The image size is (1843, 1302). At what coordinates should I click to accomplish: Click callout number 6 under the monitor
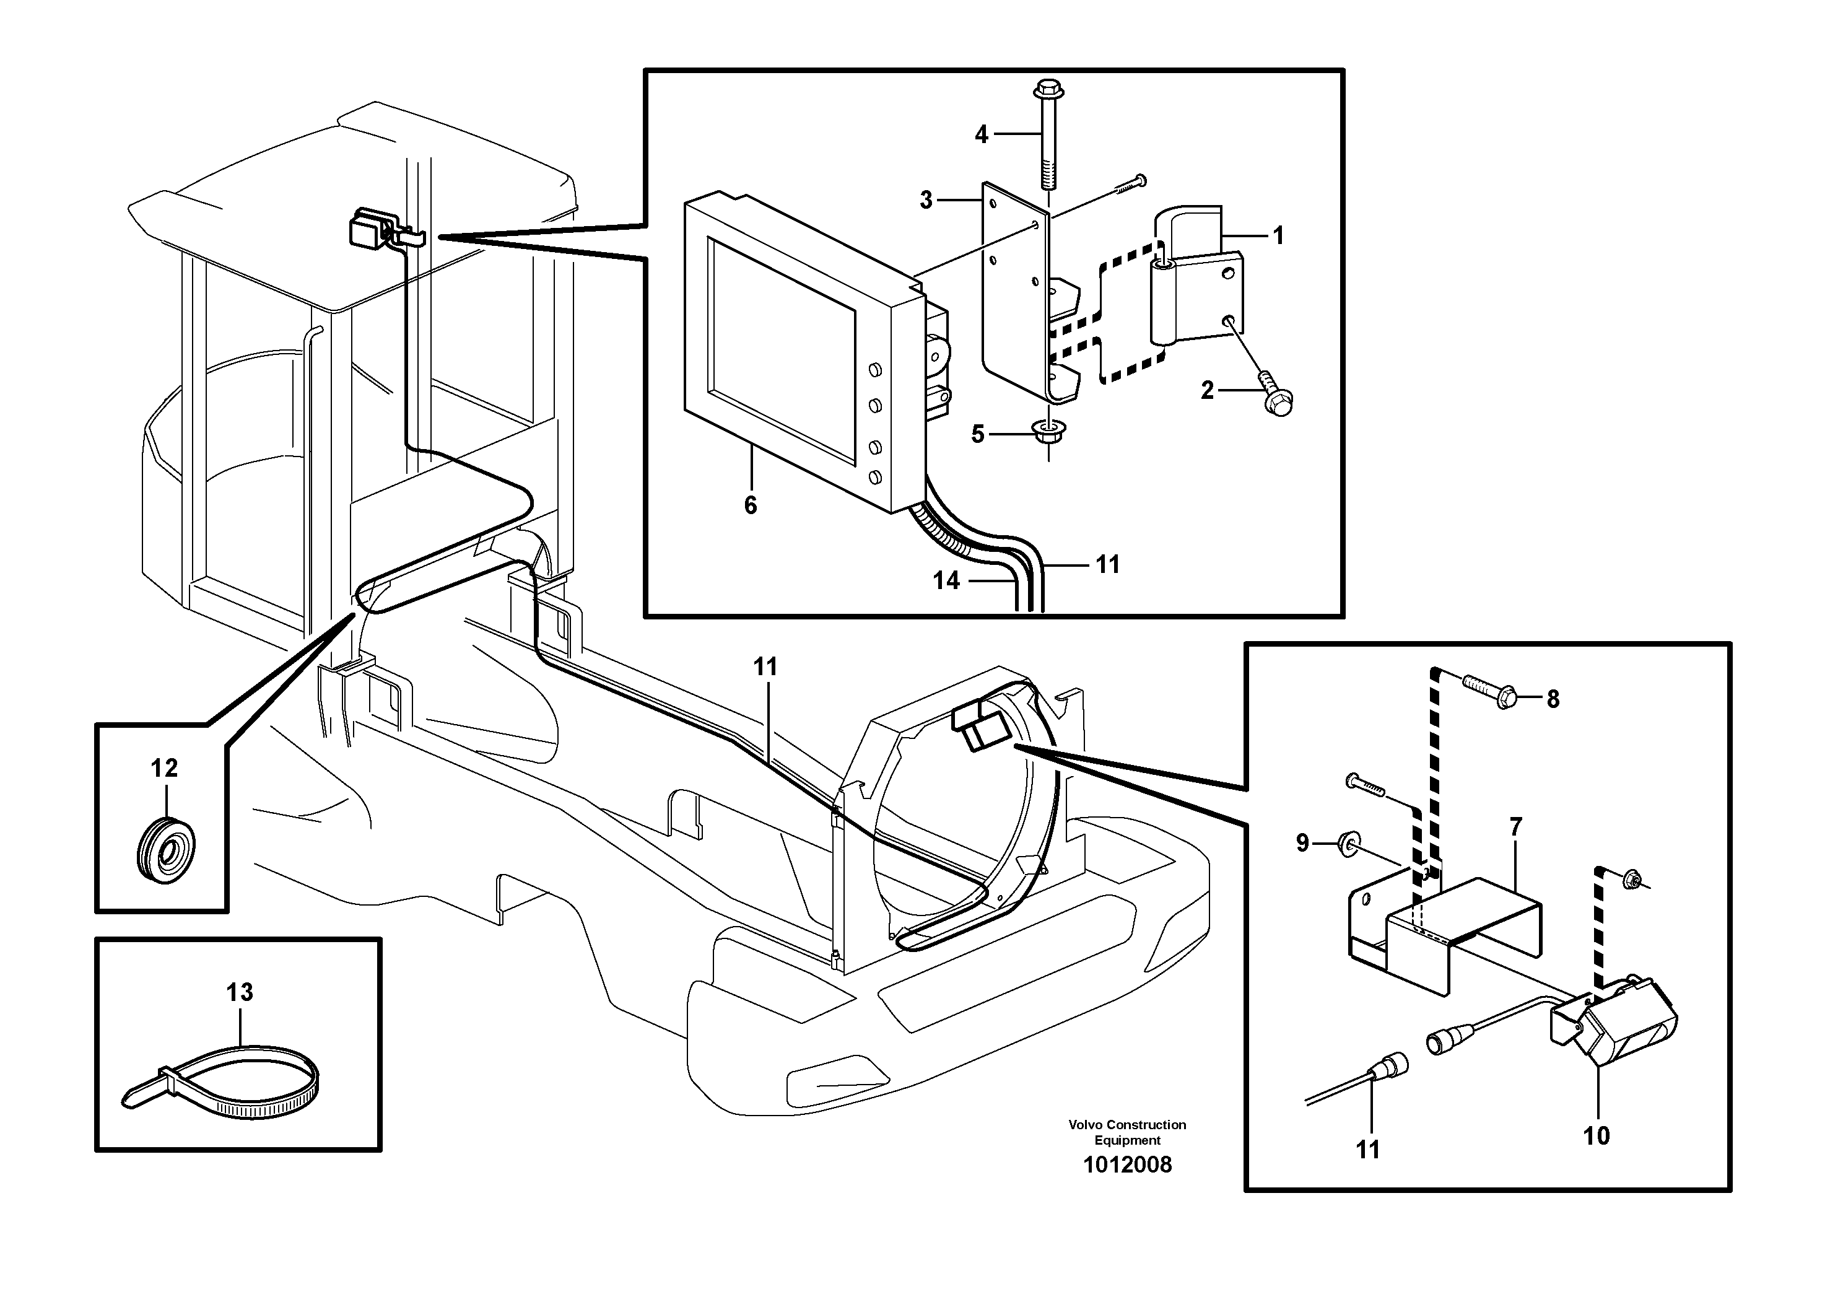[x=751, y=505]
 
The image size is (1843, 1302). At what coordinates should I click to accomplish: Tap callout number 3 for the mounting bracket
[x=926, y=200]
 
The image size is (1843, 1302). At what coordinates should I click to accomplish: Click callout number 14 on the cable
[x=946, y=580]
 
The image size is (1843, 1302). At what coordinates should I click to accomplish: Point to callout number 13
[x=239, y=992]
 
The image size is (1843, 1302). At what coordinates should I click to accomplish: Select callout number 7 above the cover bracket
[x=1515, y=827]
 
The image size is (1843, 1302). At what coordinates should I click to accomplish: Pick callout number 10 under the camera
[x=1597, y=1136]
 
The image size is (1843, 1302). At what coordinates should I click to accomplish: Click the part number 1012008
[x=1127, y=1164]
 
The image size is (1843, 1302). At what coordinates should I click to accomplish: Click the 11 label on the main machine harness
[x=766, y=667]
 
